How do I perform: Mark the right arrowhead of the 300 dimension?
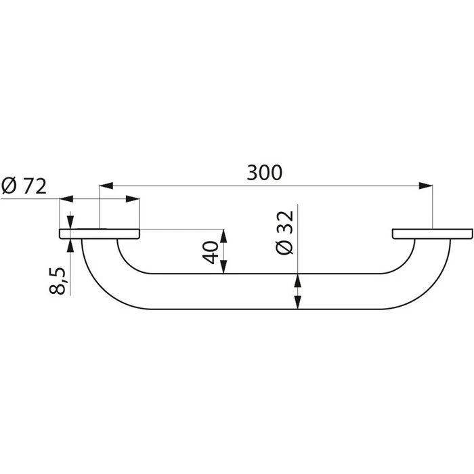[x=426, y=184]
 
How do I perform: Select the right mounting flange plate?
[x=431, y=234]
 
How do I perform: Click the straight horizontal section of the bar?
[x=264, y=291]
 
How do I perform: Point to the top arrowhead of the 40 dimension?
[x=224, y=235]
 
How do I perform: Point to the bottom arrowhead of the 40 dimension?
[x=224, y=269]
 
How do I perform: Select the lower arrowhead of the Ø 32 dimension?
[x=298, y=303]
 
